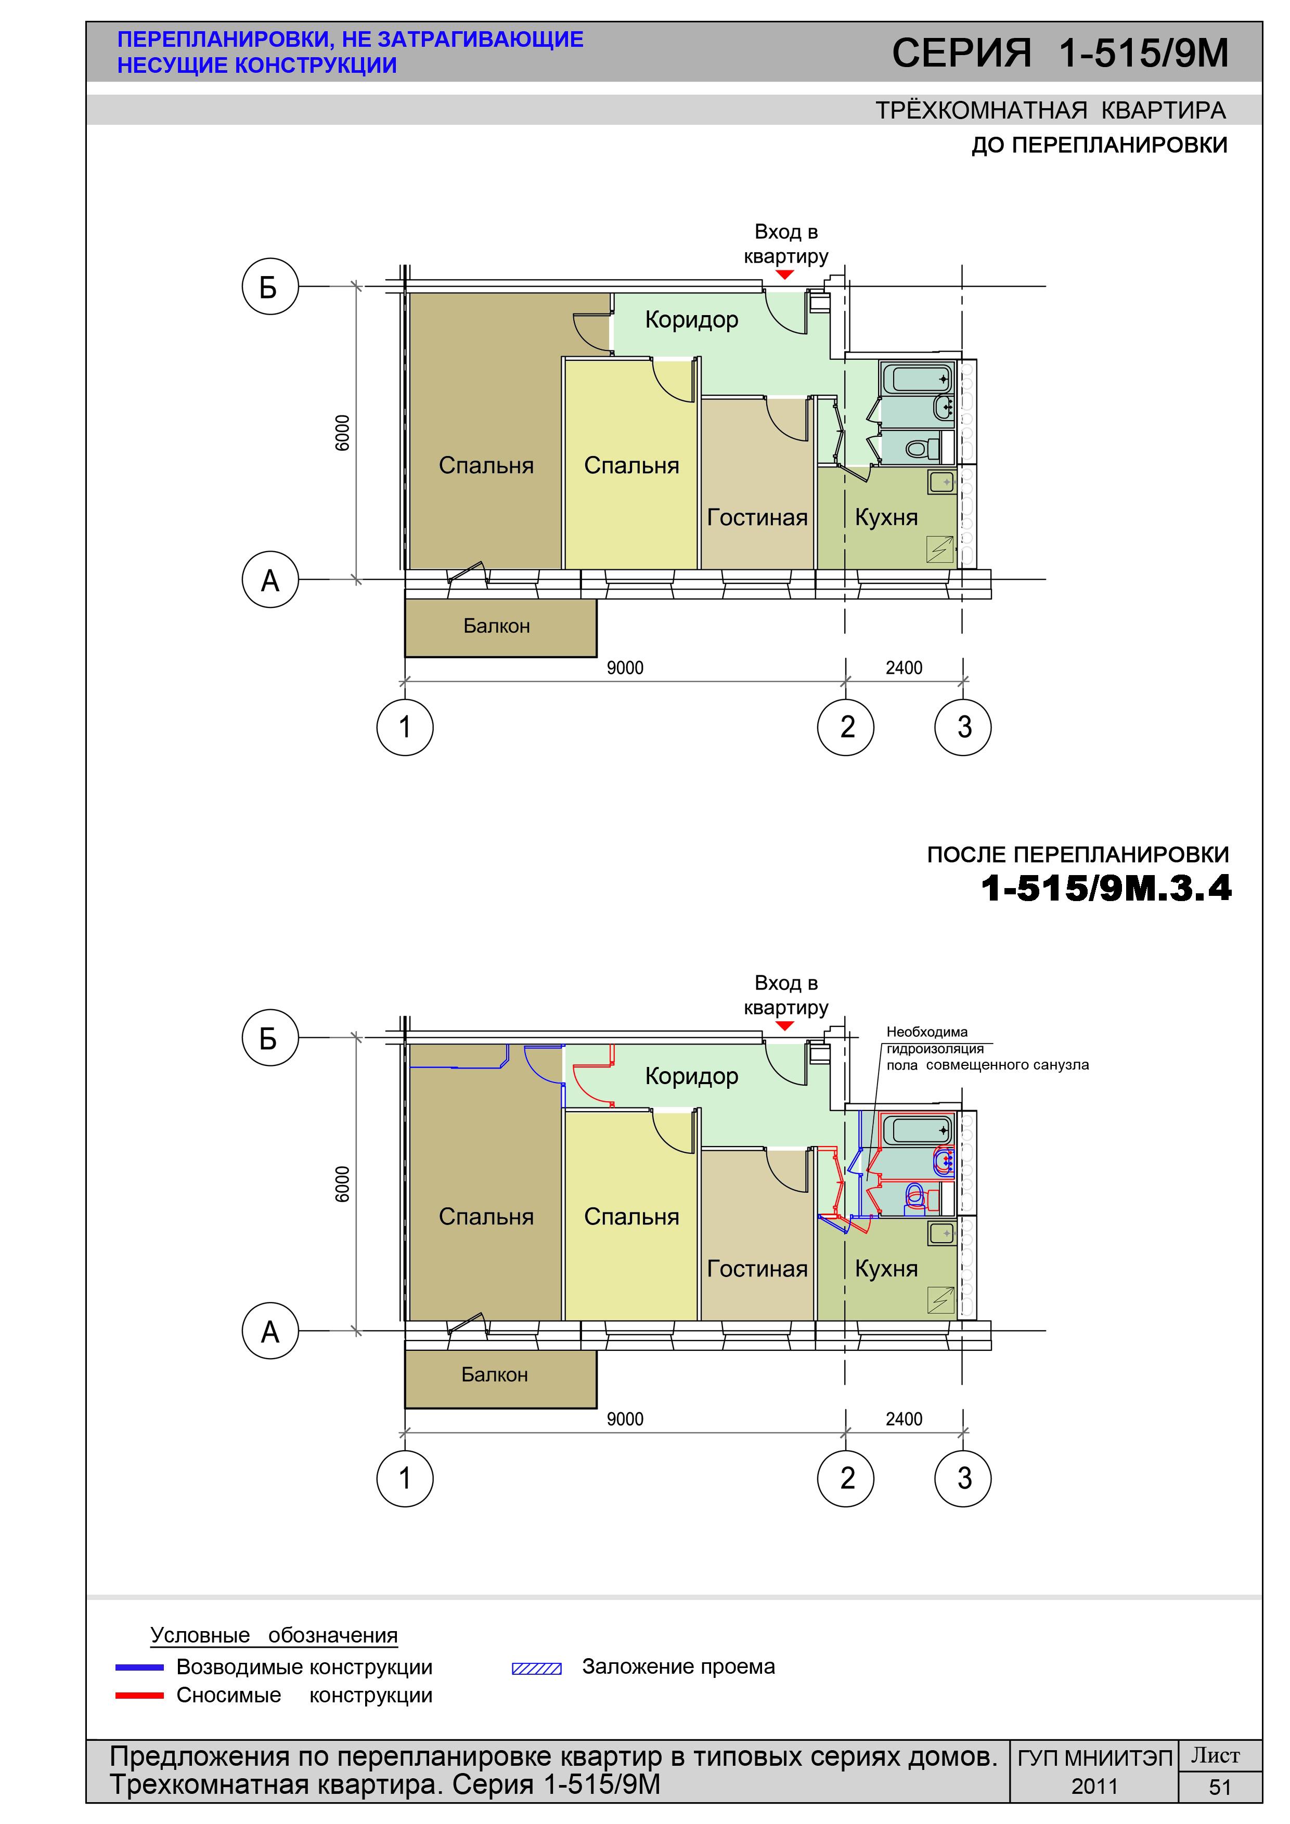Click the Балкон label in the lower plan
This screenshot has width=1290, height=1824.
tap(494, 1374)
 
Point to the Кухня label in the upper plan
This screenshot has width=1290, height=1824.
tap(886, 517)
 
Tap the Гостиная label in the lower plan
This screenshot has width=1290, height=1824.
tap(757, 1269)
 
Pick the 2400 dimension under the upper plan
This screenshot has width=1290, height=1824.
tap(904, 668)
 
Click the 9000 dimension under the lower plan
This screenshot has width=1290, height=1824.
tap(625, 1419)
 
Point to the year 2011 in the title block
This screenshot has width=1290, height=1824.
tap(1094, 1787)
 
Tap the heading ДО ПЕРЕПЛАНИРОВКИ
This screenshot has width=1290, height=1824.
tap(1099, 146)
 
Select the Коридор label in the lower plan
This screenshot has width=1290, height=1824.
tap(691, 1076)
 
